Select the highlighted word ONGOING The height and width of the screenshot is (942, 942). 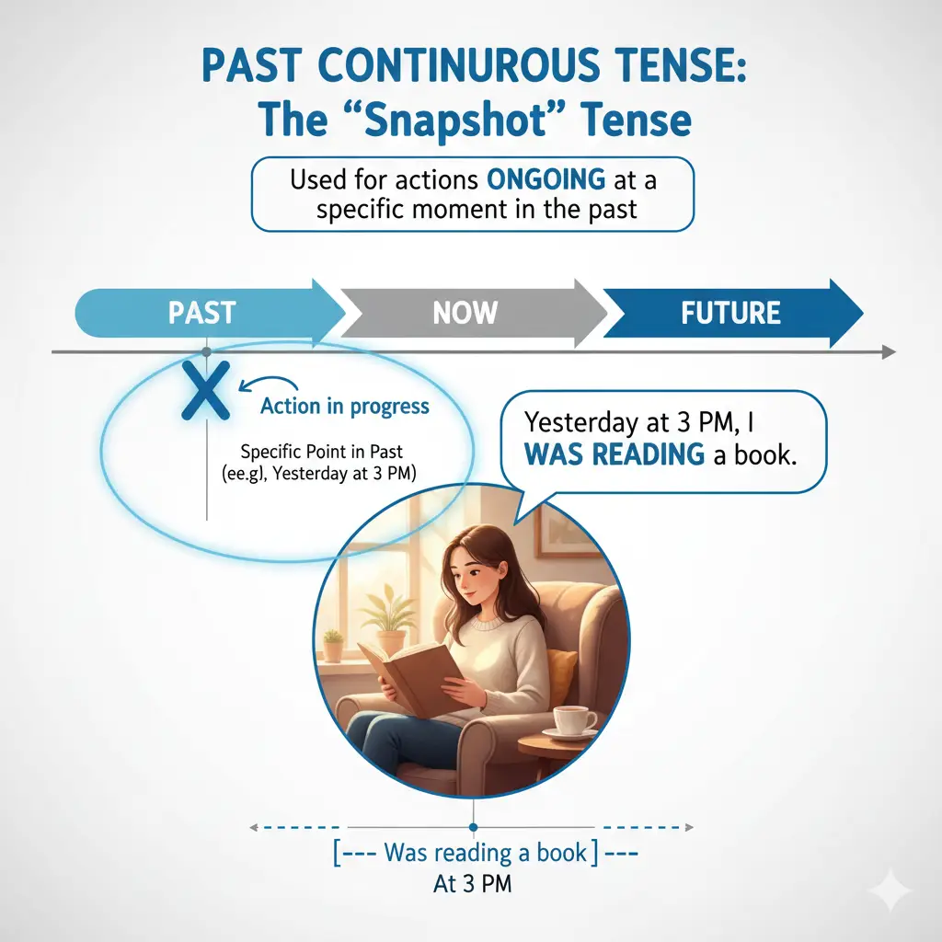point(546,179)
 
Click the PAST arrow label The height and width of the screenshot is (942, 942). point(201,313)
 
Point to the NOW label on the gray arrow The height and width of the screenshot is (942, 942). point(465,313)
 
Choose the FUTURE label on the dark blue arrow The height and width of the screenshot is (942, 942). point(730,313)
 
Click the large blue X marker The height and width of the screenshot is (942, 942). point(206,390)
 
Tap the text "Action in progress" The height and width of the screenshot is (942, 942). point(345,407)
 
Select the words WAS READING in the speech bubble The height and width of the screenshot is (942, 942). point(614,454)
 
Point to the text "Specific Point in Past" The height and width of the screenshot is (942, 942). point(321,451)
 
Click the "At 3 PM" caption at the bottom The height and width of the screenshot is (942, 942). point(472,884)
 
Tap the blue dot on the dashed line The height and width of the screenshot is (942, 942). point(474,827)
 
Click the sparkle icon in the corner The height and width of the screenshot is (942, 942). point(891,890)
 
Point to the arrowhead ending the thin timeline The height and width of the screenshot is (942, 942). point(890,352)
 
